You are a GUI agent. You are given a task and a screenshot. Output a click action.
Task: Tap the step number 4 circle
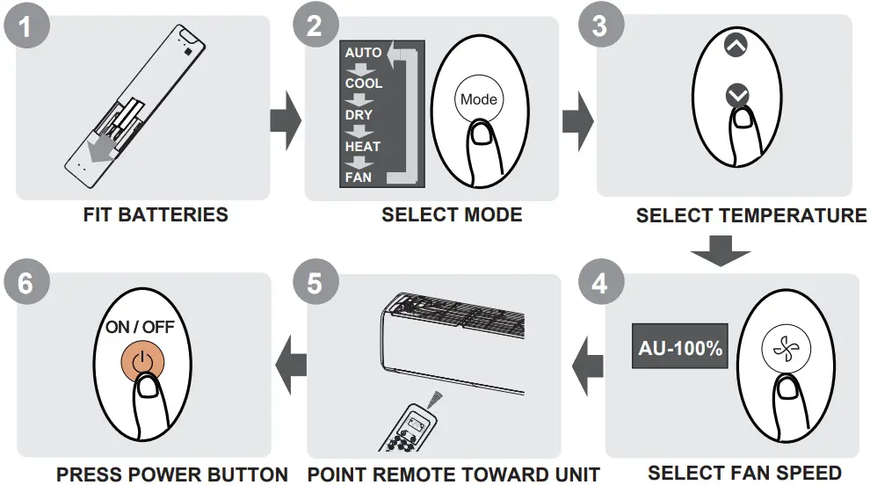tap(598, 283)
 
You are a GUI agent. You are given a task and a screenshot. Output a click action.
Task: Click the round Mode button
tap(478, 100)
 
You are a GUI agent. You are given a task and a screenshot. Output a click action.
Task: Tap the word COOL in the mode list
tap(363, 83)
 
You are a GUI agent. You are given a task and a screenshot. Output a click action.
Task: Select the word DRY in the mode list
tap(359, 115)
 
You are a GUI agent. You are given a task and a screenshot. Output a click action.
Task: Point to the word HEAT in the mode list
tap(362, 147)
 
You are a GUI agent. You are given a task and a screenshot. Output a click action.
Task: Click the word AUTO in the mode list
tap(363, 53)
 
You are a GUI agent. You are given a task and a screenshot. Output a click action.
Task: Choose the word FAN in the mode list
tap(359, 177)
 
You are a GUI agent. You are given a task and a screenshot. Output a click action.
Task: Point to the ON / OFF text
tap(141, 327)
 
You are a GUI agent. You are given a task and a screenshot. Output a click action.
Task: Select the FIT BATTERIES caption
tap(156, 214)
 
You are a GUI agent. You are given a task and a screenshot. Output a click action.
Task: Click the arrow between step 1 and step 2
tap(283, 119)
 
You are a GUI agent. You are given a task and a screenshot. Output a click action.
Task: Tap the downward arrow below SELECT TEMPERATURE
tap(720, 251)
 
